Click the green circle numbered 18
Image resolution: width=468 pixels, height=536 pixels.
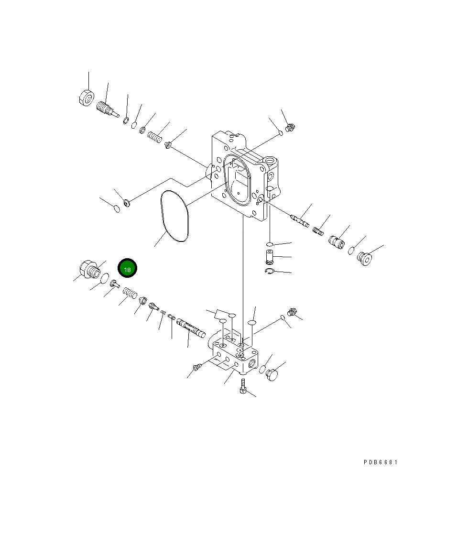point(127,268)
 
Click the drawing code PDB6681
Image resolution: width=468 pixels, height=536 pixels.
point(381,462)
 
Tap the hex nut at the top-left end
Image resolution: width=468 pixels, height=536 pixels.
point(87,98)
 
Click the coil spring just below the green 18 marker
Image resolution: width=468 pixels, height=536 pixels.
point(130,293)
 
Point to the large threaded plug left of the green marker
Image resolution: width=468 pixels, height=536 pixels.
point(89,269)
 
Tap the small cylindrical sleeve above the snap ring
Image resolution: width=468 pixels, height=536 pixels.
point(270,257)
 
